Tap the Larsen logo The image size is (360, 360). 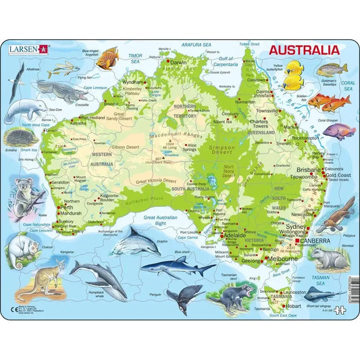pyautogui.click(x=29, y=49)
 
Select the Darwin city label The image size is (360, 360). pyautogui.click(x=178, y=63)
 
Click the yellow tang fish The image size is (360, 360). pyautogui.click(x=292, y=76)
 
